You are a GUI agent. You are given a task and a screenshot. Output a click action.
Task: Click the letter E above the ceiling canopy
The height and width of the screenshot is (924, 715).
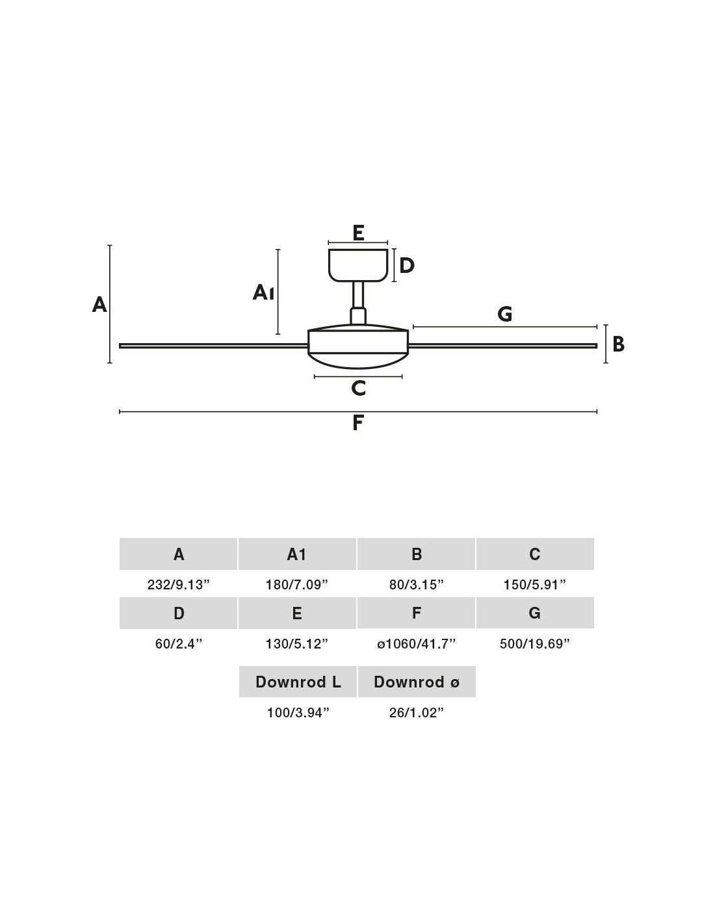tap(358, 233)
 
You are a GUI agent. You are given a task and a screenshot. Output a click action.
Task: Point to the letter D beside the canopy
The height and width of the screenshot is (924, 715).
tap(407, 265)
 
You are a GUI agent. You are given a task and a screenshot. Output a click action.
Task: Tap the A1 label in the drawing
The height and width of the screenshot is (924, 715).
tap(263, 292)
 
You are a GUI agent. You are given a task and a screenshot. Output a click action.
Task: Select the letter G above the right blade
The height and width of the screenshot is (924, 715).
tap(505, 314)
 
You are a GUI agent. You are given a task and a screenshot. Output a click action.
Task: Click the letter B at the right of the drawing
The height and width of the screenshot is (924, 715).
tap(618, 344)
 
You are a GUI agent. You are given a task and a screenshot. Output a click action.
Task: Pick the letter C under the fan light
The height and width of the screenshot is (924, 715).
tap(359, 388)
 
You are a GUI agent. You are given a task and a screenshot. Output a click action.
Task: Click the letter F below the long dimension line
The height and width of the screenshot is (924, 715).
tap(357, 422)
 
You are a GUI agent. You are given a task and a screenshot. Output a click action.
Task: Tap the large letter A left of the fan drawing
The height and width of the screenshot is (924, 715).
tap(99, 305)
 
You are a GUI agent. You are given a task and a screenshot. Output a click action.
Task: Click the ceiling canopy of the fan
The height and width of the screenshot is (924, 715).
tap(357, 265)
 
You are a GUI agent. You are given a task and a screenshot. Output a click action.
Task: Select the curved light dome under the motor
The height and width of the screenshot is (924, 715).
tap(358, 360)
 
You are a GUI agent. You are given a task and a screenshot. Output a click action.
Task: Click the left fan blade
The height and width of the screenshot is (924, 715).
tap(213, 346)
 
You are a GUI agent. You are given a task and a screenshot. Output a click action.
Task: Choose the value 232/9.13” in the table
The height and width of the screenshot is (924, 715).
tap(179, 585)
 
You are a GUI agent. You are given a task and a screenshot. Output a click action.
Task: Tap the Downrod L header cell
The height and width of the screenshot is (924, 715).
tap(298, 682)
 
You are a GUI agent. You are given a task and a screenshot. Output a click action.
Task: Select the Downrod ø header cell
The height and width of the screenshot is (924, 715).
tap(417, 682)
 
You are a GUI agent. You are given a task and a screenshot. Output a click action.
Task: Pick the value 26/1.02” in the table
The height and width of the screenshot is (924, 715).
tap(417, 713)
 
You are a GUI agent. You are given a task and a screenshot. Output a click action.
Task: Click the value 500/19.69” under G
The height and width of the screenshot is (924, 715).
tap(535, 644)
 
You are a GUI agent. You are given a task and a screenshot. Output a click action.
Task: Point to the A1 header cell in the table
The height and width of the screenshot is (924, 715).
tap(297, 554)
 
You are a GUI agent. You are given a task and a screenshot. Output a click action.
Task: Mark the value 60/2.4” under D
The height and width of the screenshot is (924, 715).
tap(179, 644)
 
